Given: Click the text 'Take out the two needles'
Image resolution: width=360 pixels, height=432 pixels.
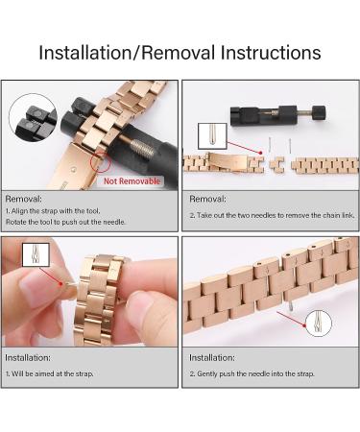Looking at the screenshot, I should coord(240,215).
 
